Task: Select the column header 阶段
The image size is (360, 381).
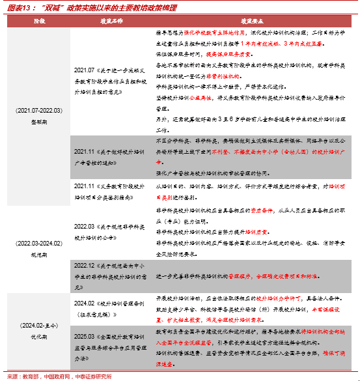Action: point(39,21)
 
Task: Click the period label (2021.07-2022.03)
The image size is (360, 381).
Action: point(38,111)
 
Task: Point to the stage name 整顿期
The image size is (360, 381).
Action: point(38,121)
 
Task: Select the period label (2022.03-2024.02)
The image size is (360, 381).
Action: point(38,243)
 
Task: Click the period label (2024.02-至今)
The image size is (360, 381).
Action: point(38,324)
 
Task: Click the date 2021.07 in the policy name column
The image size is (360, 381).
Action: point(85,69)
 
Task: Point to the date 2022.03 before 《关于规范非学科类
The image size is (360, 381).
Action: point(85,225)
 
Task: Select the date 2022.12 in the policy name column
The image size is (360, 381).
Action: point(85,266)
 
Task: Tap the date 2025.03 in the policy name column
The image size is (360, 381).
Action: point(85,337)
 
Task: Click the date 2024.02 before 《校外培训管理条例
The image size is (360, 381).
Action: point(85,303)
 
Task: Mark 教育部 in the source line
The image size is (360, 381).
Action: point(30,376)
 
